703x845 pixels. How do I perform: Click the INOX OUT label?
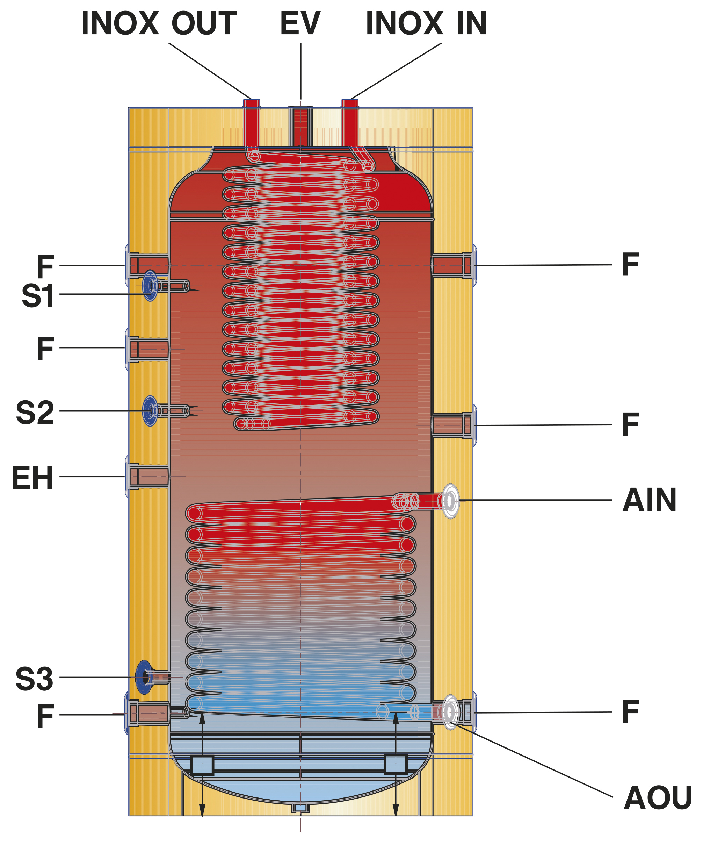[x=159, y=23]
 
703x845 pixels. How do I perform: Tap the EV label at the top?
[x=300, y=23]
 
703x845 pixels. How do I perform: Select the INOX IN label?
[x=426, y=23]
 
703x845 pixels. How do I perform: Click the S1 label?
[x=38, y=296]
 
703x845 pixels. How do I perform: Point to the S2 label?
[x=35, y=413]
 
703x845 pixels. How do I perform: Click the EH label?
[x=32, y=478]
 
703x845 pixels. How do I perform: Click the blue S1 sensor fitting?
[x=150, y=286]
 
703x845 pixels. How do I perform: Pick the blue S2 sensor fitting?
[x=150, y=411]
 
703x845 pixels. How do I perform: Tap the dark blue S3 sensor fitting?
[x=144, y=677]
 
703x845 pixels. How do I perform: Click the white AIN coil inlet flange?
[x=450, y=501]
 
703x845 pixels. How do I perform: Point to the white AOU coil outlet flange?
[x=450, y=712]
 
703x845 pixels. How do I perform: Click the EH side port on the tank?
[x=149, y=477]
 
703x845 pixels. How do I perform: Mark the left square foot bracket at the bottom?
[x=202, y=765]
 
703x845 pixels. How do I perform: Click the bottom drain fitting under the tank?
[x=301, y=808]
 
